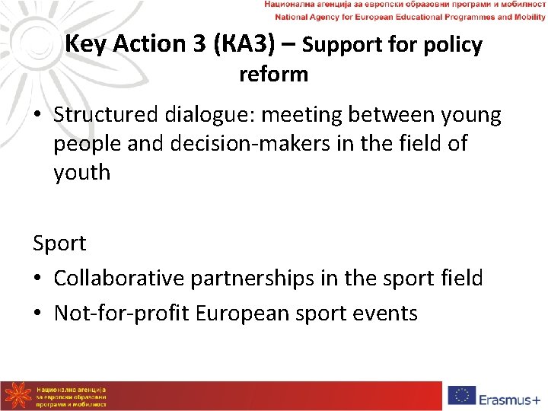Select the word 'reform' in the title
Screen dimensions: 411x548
click(x=273, y=75)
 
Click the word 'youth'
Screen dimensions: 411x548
click(x=81, y=172)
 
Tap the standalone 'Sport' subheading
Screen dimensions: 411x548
click(x=59, y=244)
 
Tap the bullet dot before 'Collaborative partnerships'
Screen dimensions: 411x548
click(x=39, y=279)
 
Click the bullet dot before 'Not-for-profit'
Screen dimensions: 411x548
click(x=39, y=314)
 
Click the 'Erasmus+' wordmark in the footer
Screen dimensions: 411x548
click(x=511, y=397)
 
